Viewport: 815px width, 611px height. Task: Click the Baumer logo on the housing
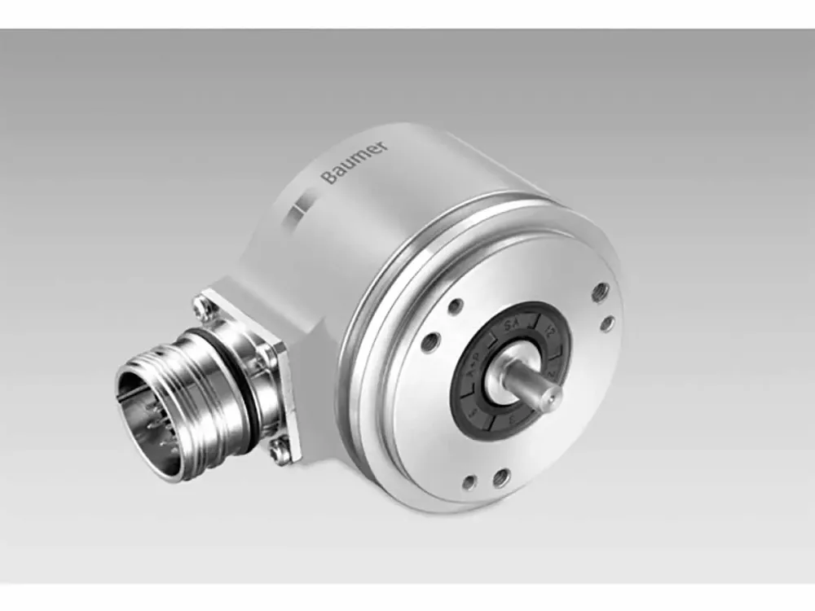click(x=355, y=163)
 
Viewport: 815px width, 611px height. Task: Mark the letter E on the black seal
click(x=509, y=424)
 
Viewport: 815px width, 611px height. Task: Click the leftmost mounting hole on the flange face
click(x=430, y=341)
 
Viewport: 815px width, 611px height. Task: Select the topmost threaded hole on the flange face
click(x=600, y=290)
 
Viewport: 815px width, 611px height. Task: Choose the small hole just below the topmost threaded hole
click(x=607, y=323)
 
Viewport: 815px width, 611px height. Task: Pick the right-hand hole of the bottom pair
click(x=501, y=478)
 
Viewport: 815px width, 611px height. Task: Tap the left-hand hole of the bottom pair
click(x=469, y=483)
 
